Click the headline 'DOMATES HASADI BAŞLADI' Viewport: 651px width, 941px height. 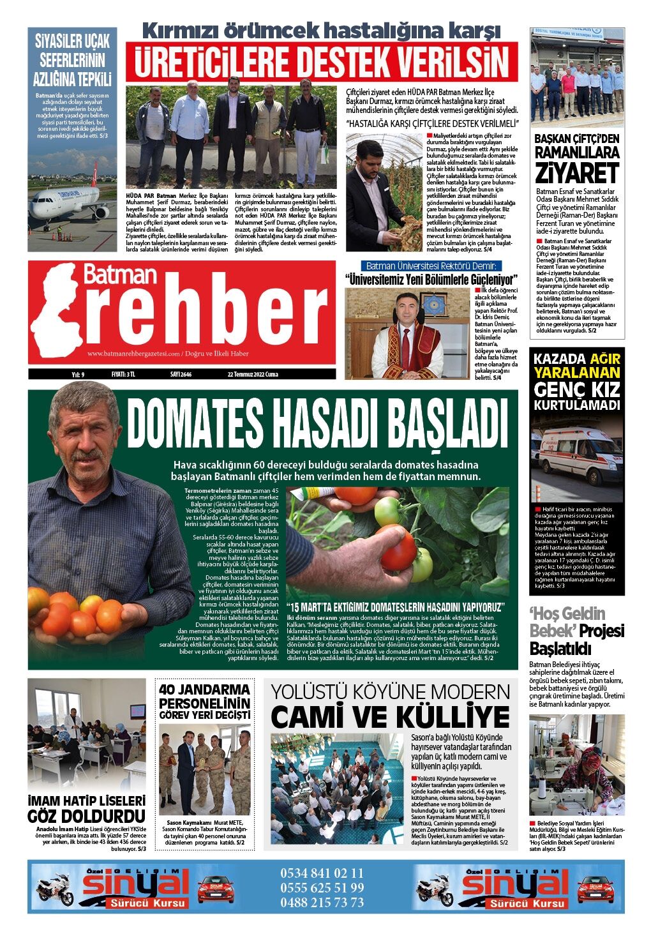[317, 424]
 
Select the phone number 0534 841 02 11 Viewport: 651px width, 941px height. [322, 873]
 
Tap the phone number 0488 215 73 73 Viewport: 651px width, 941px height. [322, 902]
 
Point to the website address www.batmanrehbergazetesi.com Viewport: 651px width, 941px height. [133, 354]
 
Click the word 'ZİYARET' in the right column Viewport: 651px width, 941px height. [577, 173]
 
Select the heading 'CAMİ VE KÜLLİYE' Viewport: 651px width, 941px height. [390, 717]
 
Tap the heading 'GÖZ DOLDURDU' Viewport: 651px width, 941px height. [86, 816]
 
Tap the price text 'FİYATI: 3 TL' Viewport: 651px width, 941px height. [123, 374]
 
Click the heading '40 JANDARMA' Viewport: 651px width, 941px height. [204, 690]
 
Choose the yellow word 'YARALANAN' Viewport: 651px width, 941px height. [576, 372]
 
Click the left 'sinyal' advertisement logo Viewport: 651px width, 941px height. [135, 884]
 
